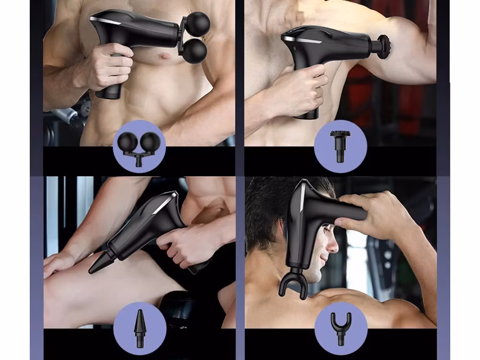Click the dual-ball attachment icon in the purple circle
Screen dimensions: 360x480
tap(139, 146)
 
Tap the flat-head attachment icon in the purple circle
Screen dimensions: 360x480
tap(340, 146)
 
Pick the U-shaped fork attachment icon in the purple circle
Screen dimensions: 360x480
tap(341, 328)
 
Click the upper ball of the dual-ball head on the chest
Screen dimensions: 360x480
tap(198, 23)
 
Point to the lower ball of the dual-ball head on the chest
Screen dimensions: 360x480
tap(194, 51)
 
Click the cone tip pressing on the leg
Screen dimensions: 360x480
tap(98, 264)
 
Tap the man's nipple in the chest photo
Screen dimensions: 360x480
tap(164, 57)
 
